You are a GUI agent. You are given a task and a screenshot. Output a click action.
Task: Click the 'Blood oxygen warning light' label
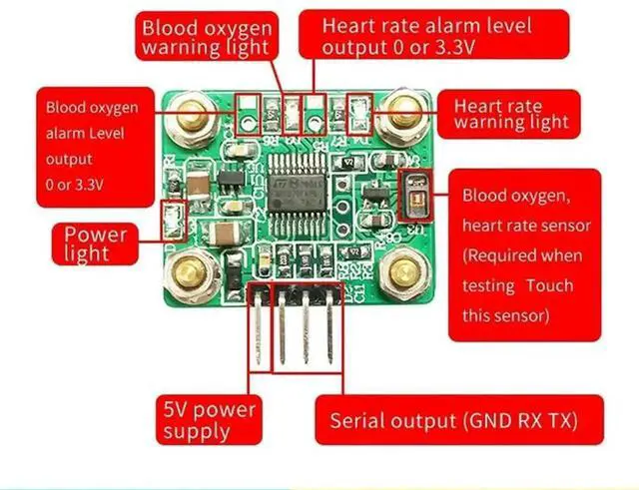pyautogui.click(x=206, y=37)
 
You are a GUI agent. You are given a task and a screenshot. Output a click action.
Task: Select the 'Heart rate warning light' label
pyautogui.click(x=510, y=113)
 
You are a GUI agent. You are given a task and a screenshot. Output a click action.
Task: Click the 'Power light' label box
pyautogui.click(x=96, y=243)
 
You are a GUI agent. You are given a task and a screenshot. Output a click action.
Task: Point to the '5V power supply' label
pyautogui.click(x=210, y=420)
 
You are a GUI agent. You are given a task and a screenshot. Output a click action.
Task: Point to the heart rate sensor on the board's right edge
pyautogui.click(x=412, y=195)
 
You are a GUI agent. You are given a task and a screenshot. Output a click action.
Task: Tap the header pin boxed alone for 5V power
pyautogui.click(x=259, y=328)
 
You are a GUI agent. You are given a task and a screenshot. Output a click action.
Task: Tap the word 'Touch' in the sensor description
pyautogui.click(x=551, y=285)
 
